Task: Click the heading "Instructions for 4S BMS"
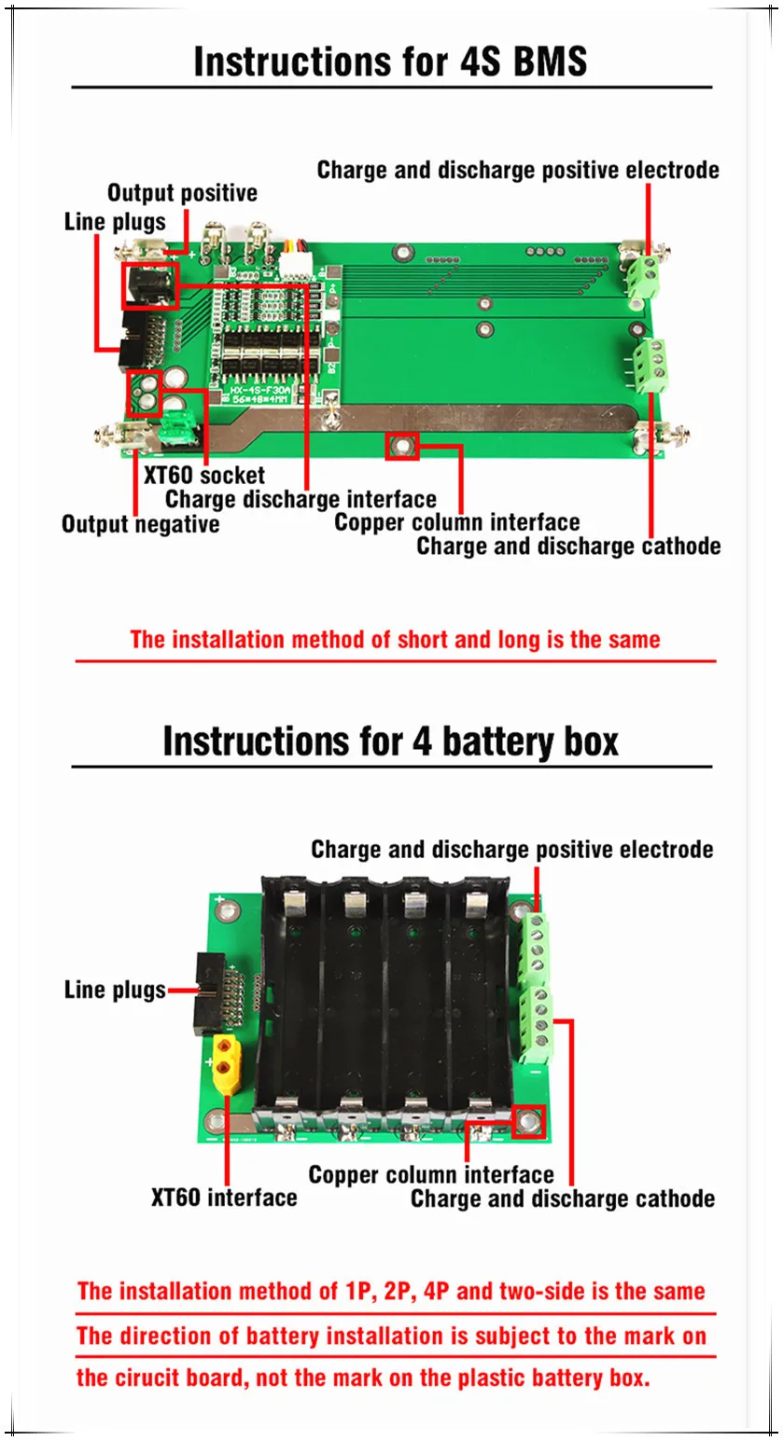(x=390, y=62)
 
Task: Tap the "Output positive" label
(x=182, y=193)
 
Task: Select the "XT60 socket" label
(x=203, y=475)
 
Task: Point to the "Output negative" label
(x=140, y=523)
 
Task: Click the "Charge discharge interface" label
(x=301, y=499)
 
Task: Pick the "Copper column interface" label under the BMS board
(x=456, y=521)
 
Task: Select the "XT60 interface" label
(x=224, y=1197)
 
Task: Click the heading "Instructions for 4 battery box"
(x=390, y=741)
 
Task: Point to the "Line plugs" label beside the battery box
(x=115, y=990)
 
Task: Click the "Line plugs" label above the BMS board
(x=115, y=222)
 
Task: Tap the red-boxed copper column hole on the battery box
(x=529, y=1121)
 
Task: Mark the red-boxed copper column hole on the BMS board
(x=402, y=446)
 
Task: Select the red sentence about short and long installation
(x=395, y=640)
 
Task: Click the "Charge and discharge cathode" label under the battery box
(x=563, y=1198)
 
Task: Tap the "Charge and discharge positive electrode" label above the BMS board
(x=518, y=170)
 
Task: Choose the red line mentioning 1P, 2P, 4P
(x=391, y=1291)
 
